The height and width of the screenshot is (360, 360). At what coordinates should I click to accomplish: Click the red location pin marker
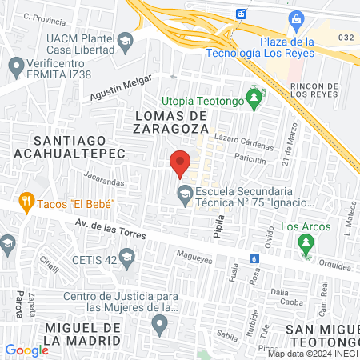180,162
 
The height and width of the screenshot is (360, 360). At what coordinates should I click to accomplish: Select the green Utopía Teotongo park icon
254,100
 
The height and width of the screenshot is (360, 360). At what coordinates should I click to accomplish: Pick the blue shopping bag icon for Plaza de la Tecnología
295,18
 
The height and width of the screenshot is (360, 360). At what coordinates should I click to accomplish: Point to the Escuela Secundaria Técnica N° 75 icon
185,192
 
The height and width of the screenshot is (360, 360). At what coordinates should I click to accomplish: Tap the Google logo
26,350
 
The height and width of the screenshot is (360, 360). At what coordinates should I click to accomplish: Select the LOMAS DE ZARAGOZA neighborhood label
167,122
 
